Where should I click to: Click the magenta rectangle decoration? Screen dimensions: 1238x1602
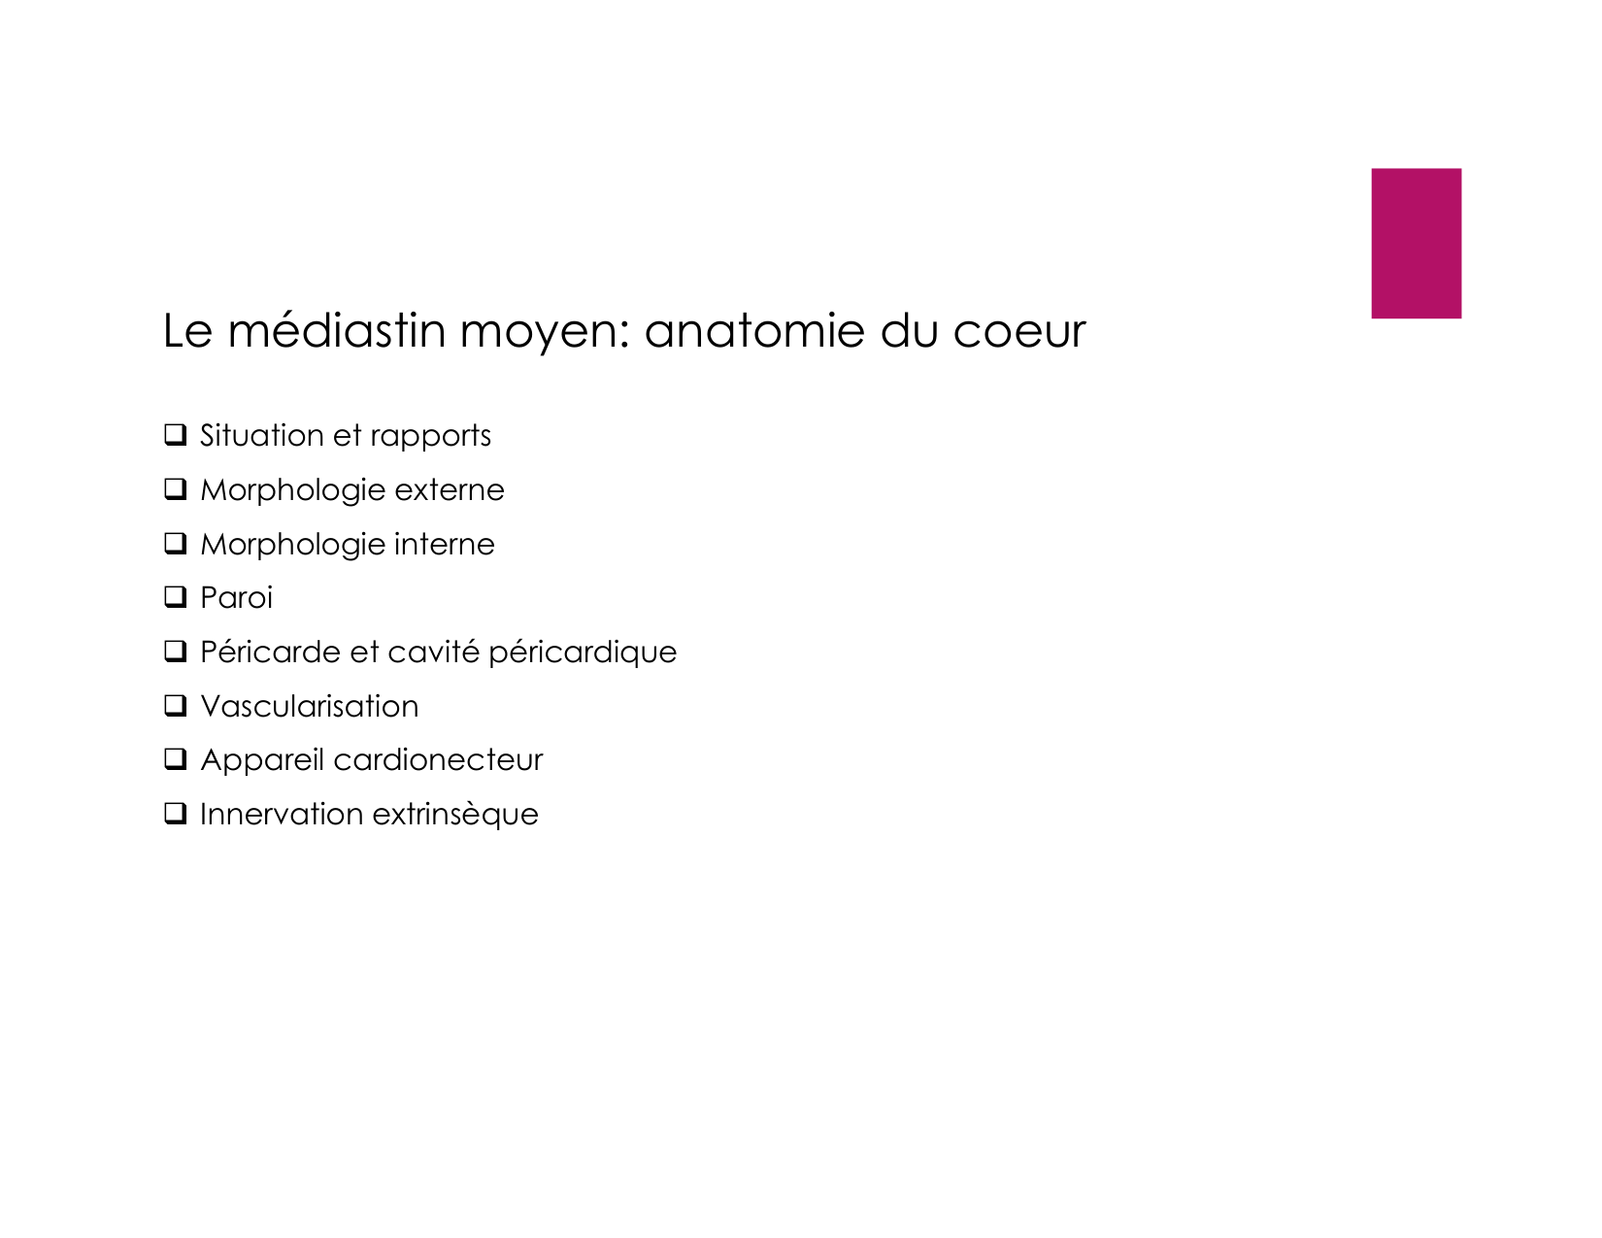click(x=1415, y=243)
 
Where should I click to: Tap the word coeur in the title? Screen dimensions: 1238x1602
click(x=1018, y=331)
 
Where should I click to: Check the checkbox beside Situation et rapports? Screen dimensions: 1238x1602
click(x=176, y=435)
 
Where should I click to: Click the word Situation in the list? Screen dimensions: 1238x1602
click(x=261, y=435)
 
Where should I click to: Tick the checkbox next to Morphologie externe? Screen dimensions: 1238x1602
click(x=176, y=489)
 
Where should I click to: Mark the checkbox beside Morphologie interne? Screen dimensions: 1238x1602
click(x=176, y=544)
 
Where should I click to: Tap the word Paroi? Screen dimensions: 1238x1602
click(x=236, y=598)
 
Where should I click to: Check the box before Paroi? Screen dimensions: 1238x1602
click(x=176, y=597)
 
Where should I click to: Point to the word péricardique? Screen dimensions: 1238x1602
click(x=582, y=652)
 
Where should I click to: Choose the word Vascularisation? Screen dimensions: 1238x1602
click(x=309, y=706)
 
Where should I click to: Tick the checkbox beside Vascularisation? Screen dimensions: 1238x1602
click(x=176, y=706)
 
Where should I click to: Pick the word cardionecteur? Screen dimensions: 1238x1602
click(x=437, y=760)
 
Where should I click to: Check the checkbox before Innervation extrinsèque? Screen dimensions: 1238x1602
click(x=176, y=814)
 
